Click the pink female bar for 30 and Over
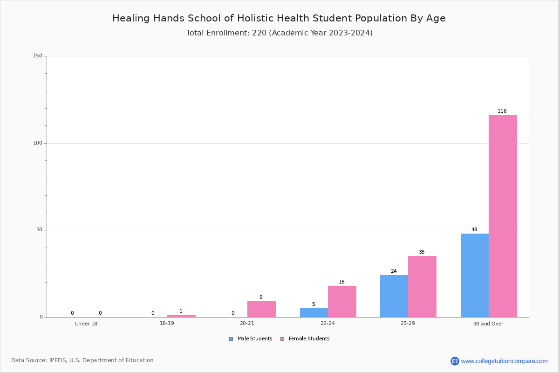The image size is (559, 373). [503, 216]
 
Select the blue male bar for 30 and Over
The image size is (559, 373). [475, 275]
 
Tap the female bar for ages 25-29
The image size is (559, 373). [422, 287]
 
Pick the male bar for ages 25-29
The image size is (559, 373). [394, 296]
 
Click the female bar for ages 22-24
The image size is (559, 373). [342, 302]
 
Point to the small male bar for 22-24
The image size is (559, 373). [314, 312]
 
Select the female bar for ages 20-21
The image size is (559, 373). [261, 309]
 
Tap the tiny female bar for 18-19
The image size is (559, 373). [181, 316]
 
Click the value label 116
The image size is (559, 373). [502, 111]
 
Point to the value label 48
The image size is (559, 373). [474, 229]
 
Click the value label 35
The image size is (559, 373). [422, 252]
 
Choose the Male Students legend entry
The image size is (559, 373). [251, 339]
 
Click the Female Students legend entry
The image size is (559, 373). [305, 339]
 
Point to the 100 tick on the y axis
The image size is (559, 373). [38, 143]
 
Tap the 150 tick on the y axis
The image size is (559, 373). [38, 55]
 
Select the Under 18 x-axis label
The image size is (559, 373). [86, 324]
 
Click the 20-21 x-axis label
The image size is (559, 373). [247, 323]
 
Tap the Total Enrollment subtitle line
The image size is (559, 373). [279, 33]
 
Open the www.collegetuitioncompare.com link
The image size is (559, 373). [504, 361]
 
